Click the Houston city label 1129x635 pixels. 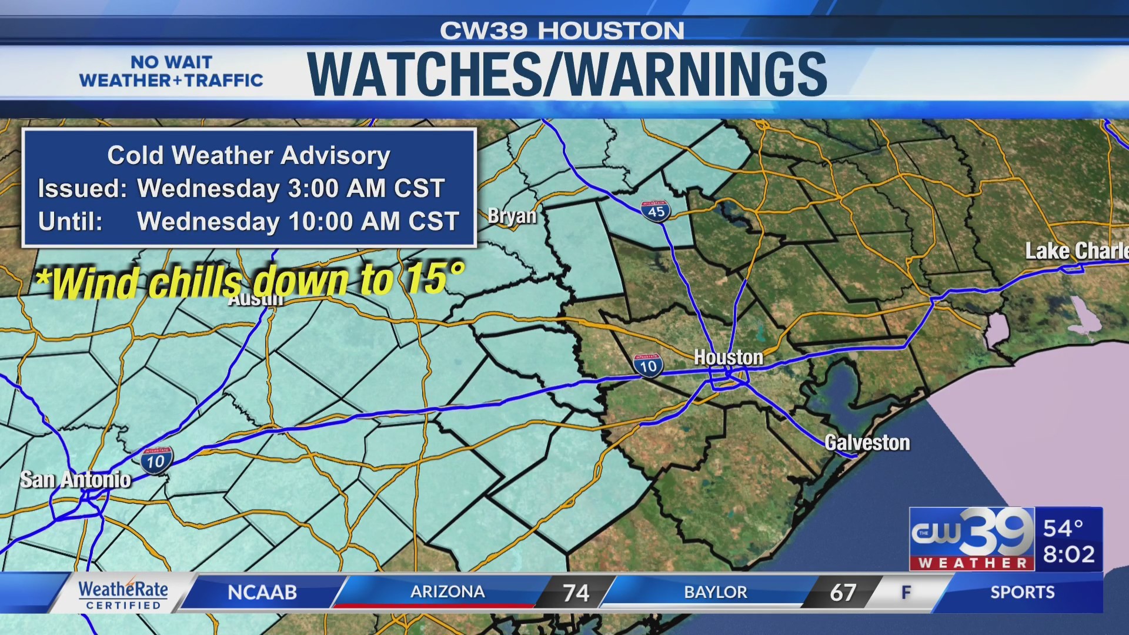coord(728,357)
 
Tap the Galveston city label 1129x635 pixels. coord(867,443)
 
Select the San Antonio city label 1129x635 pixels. coord(75,480)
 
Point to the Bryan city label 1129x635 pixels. coord(512,216)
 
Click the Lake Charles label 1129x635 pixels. coord(1076,251)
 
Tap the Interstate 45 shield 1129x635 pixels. coord(656,211)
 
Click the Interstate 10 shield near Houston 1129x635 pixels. coord(648,366)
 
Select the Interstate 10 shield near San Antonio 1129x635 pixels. coord(156,460)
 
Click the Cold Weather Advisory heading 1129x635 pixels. coord(249,155)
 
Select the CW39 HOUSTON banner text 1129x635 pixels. coord(562,31)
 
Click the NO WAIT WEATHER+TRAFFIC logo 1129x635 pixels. coord(171,71)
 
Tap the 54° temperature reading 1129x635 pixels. coord(1063,528)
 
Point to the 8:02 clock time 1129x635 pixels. coord(1068,554)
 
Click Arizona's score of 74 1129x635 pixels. coord(575,593)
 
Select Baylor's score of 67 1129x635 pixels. coord(842,593)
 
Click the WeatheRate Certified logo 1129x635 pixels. coord(123,594)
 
